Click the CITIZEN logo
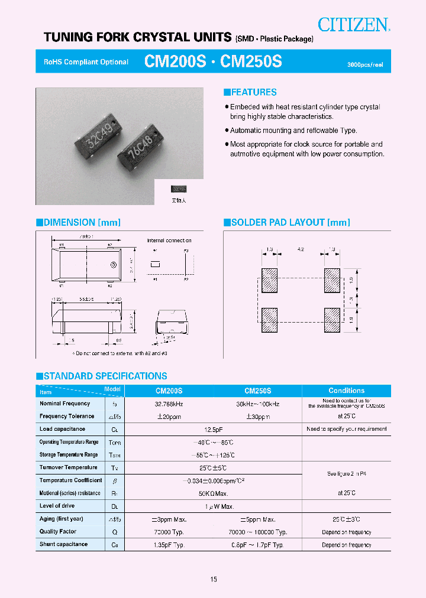point(354,24)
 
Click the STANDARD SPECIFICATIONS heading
point(101,376)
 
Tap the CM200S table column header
point(169,391)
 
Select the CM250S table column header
point(257,391)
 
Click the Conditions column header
point(346,391)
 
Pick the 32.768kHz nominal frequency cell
point(169,404)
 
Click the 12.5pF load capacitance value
point(213,429)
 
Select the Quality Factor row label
point(59,531)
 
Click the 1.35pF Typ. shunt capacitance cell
point(169,544)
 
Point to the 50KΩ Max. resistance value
point(213,493)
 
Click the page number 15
point(213,579)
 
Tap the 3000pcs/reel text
point(365,64)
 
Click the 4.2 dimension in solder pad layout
point(300,250)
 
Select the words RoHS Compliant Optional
point(86,62)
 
